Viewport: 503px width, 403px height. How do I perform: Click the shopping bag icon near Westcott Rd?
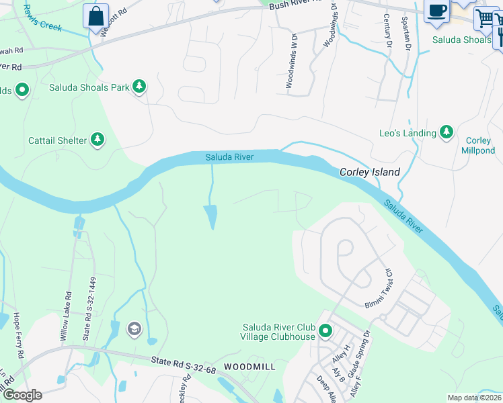coord(95,15)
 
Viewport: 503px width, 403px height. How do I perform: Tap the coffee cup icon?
coord(437,12)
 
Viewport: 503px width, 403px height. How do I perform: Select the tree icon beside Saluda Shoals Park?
coord(139,87)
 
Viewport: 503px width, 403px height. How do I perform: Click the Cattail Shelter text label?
coord(57,140)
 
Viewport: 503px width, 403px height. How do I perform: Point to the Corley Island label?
coord(369,172)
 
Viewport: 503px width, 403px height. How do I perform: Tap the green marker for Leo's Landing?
coord(446,133)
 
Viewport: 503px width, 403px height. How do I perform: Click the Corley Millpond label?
coord(479,146)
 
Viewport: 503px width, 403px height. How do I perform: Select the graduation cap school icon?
coord(134,329)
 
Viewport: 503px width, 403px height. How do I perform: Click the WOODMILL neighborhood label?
coord(249,367)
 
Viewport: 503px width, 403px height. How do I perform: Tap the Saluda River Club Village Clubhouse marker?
coord(326,332)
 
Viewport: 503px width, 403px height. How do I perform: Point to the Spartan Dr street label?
coord(407,33)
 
